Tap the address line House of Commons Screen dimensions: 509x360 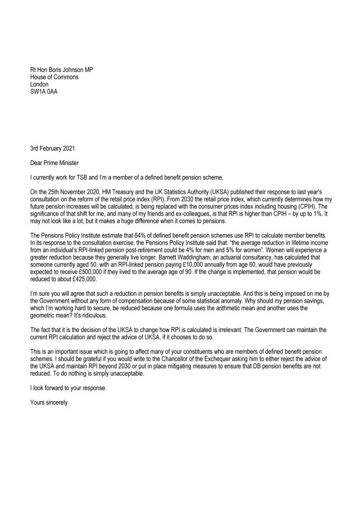point(54,77)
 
